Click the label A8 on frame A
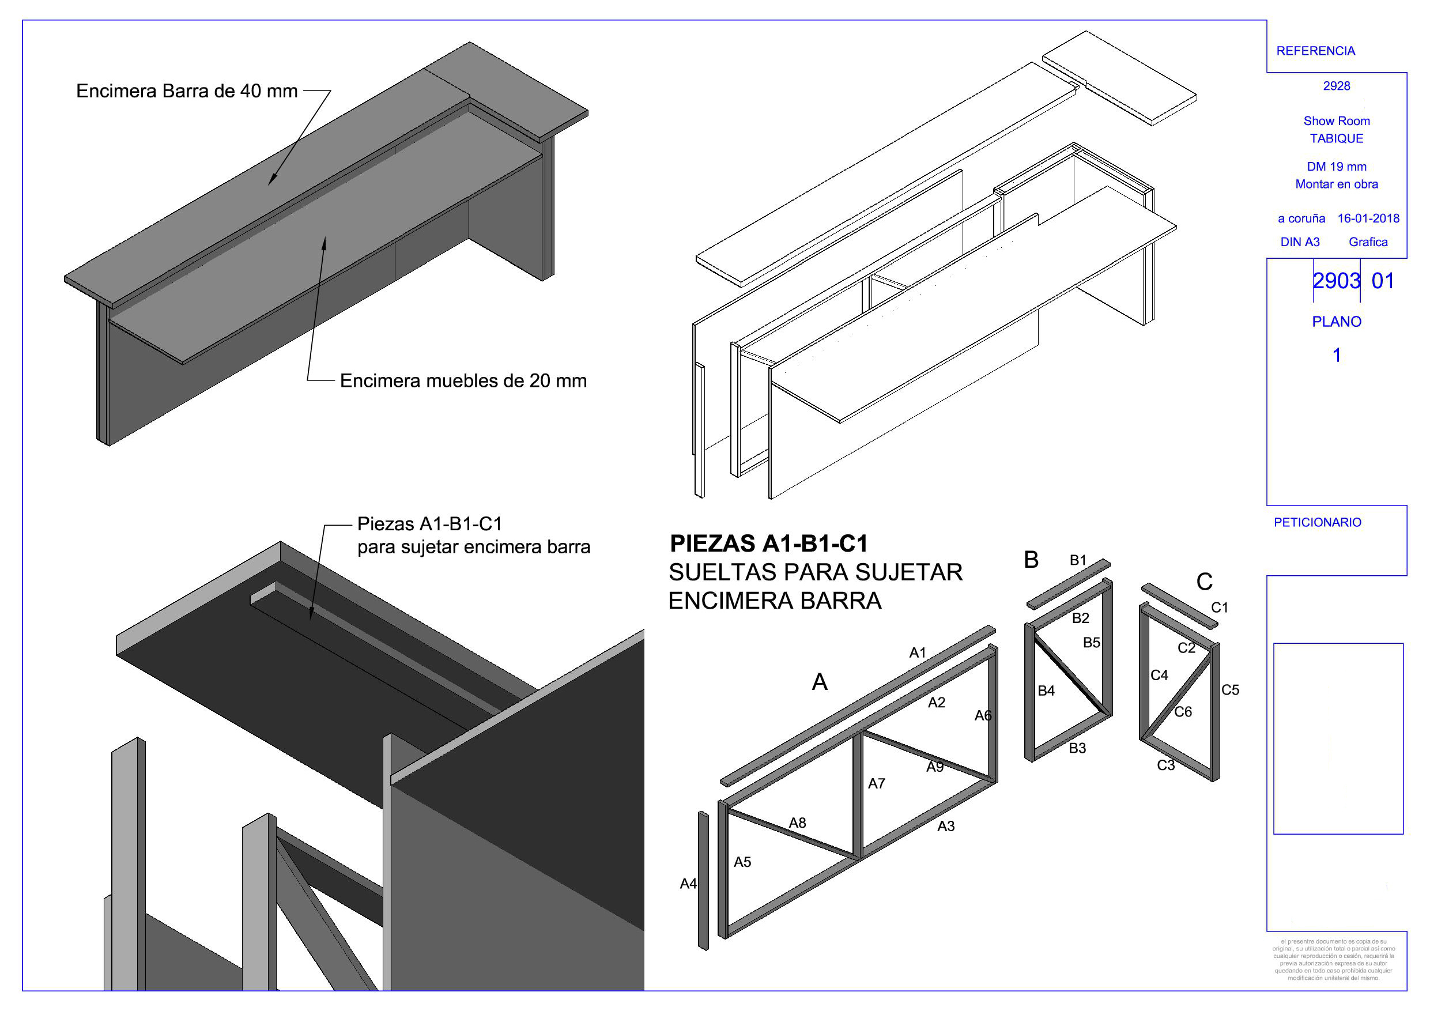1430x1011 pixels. (x=797, y=823)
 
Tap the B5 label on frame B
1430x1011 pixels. (x=1091, y=642)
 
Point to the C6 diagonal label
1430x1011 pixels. (x=1183, y=711)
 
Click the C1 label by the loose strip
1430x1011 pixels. (x=1220, y=608)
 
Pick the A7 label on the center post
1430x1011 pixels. (x=876, y=784)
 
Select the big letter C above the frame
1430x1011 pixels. (x=1204, y=582)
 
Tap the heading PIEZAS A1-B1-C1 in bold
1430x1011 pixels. (x=768, y=544)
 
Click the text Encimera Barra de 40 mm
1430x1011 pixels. (x=186, y=91)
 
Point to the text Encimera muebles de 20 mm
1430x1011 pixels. (x=463, y=380)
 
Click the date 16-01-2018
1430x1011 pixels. (x=1368, y=218)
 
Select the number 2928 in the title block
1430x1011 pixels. (x=1337, y=86)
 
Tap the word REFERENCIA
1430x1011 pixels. (x=1315, y=51)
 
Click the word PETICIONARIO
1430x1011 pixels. (x=1317, y=523)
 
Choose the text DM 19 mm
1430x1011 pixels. (x=1337, y=167)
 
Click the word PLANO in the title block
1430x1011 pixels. (x=1337, y=322)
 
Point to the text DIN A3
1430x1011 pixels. (x=1300, y=242)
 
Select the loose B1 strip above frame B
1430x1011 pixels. (x=1068, y=584)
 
